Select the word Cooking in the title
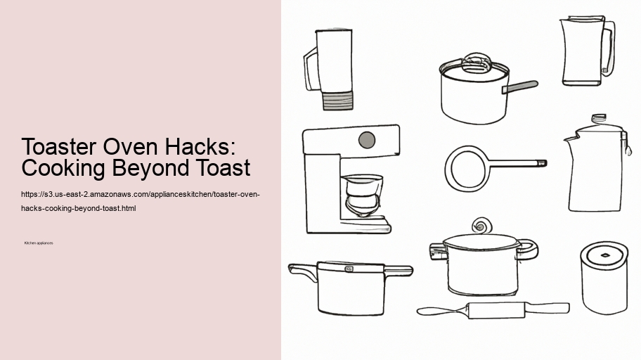pyautogui.click(x=64, y=169)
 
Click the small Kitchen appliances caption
pyautogui.click(x=39, y=243)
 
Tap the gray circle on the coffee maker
pyautogui.click(x=366, y=140)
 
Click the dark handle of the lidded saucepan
pyautogui.click(x=522, y=86)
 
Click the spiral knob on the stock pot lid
pyautogui.click(x=482, y=225)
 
